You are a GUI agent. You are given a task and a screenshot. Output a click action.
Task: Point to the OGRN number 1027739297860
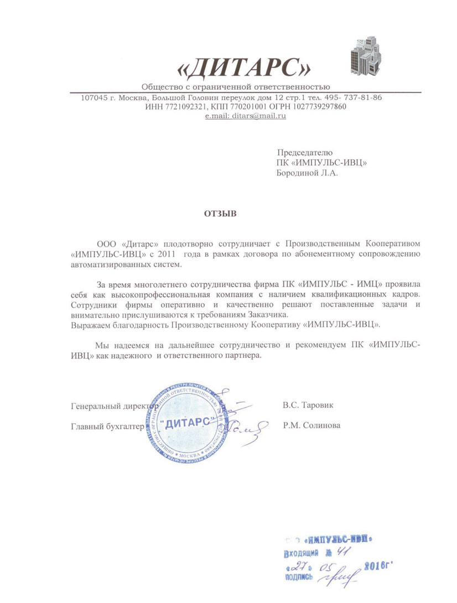320,106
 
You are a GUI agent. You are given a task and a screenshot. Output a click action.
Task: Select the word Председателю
304,152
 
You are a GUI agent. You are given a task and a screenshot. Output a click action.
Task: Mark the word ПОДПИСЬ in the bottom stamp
298,577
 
